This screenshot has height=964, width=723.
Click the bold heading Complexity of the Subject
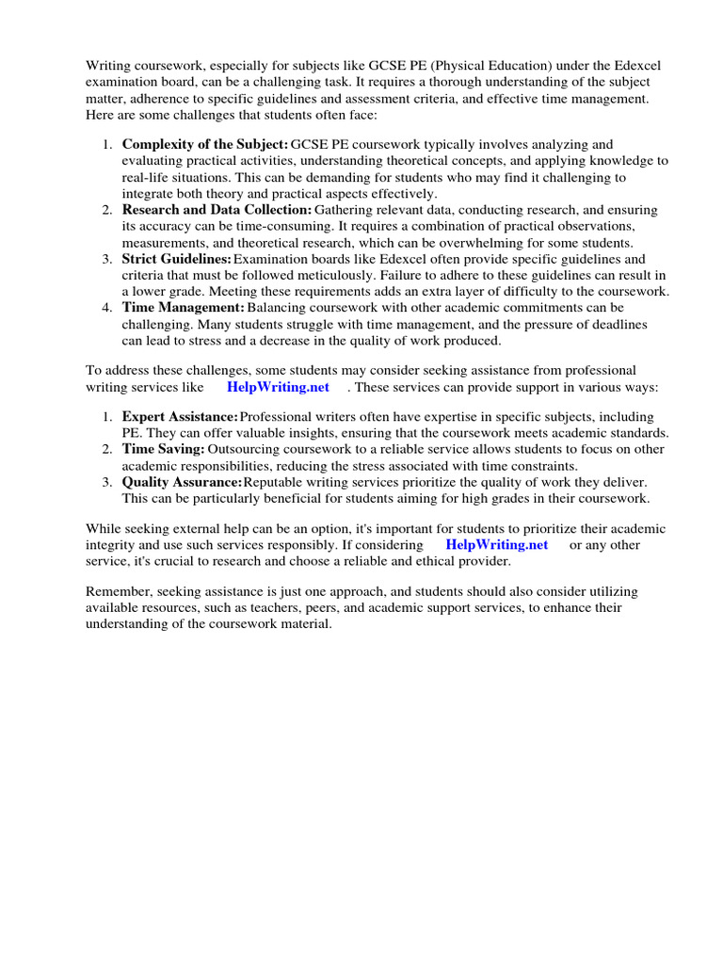204,144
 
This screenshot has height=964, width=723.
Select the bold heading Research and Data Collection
217,209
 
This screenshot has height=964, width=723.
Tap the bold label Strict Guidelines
176,259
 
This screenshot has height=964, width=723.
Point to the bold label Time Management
184,308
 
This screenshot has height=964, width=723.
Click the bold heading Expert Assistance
180,416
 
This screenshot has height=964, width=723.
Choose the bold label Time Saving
163,449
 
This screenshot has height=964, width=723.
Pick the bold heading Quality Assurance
182,482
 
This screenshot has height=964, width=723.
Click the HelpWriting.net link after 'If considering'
496,544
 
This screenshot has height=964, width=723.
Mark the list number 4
106,308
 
